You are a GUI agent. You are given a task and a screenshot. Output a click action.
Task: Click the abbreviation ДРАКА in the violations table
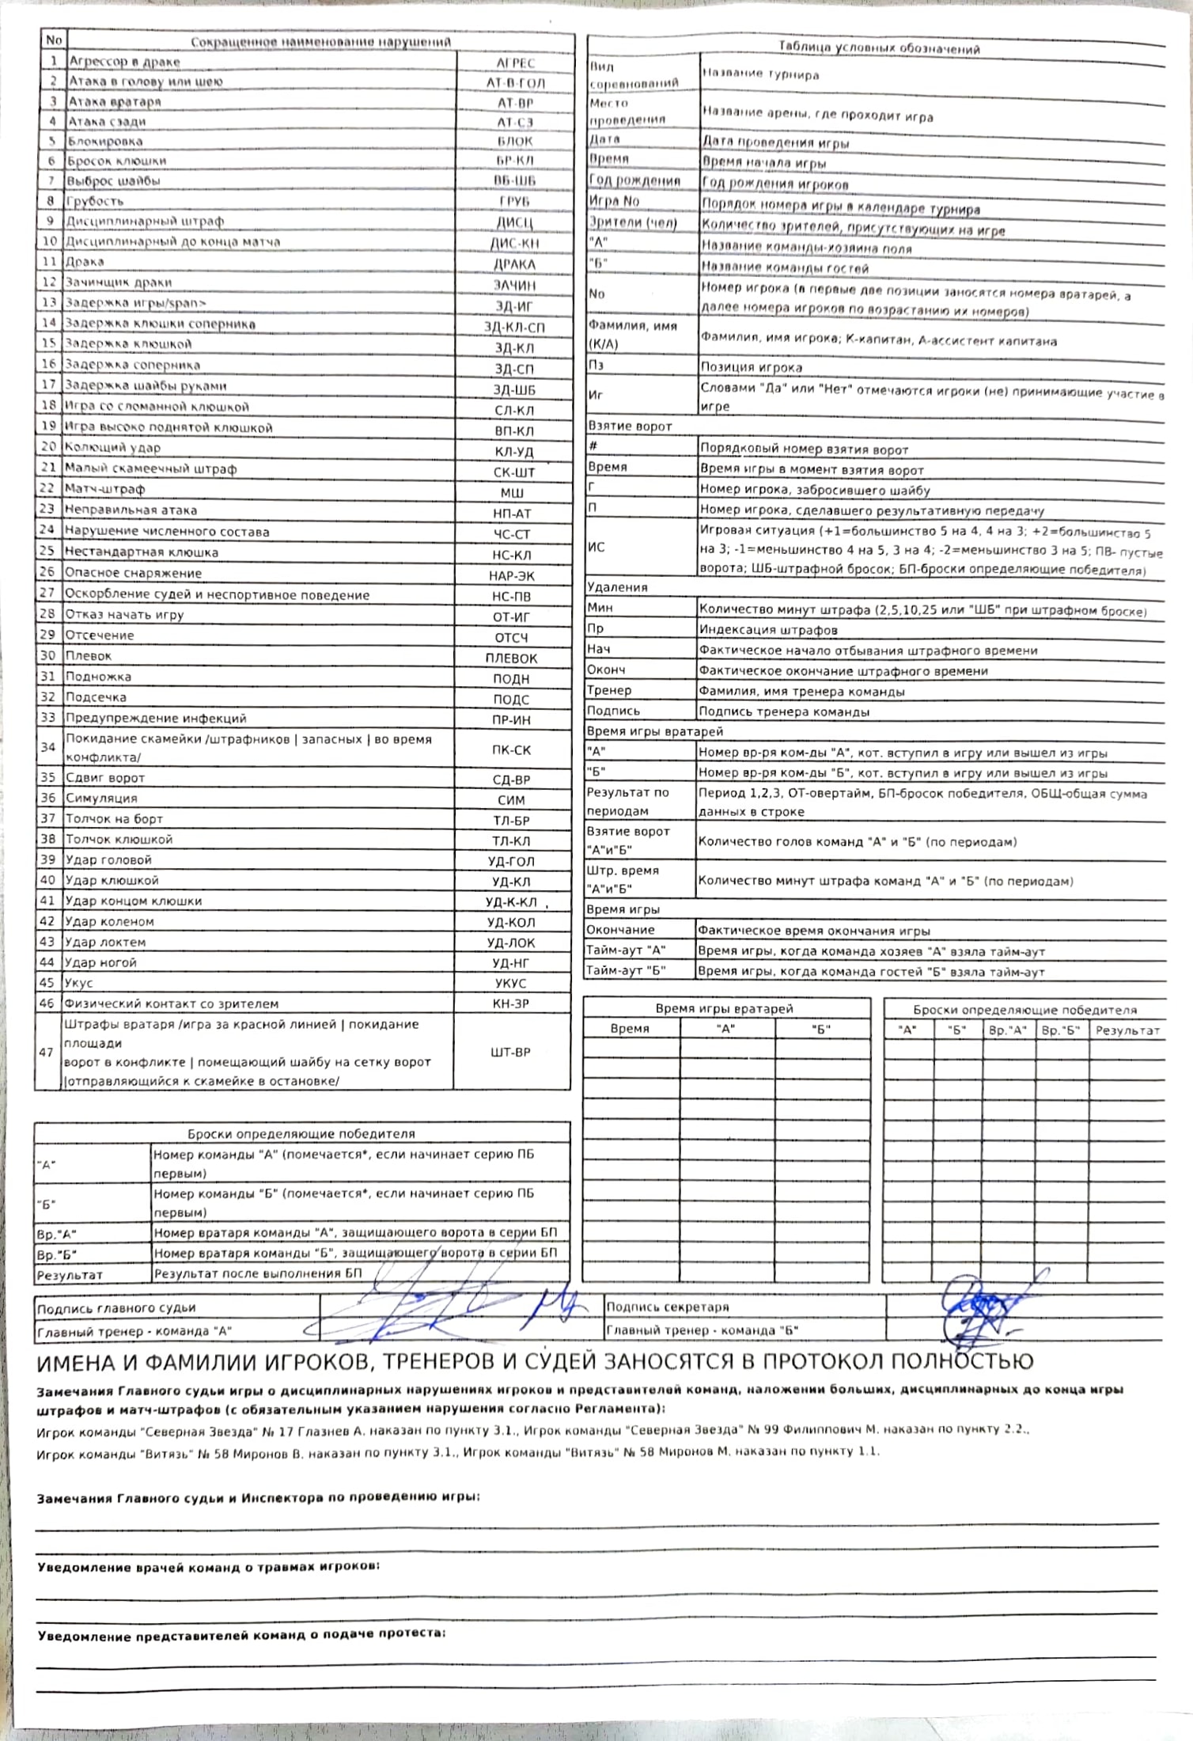click(x=514, y=264)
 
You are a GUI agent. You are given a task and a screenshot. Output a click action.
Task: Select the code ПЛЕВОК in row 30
click(x=511, y=658)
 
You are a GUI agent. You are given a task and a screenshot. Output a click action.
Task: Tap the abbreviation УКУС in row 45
click(x=511, y=984)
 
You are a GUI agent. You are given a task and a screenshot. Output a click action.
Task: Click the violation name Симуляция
click(x=101, y=798)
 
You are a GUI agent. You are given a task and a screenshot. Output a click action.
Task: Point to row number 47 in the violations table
click(x=47, y=1053)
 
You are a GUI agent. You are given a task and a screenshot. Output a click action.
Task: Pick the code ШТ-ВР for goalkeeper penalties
click(x=511, y=1053)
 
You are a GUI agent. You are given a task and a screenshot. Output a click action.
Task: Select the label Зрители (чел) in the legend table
click(x=633, y=223)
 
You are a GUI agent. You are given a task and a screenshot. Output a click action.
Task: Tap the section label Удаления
click(x=617, y=587)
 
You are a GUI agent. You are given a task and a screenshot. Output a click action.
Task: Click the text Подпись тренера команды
click(x=784, y=711)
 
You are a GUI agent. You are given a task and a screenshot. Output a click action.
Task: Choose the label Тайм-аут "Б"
click(x=626, y=971)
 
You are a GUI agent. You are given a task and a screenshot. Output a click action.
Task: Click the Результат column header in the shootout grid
click(x=1127, y=1030)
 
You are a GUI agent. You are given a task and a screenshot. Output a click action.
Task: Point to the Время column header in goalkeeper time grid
click(x=630, y=1029)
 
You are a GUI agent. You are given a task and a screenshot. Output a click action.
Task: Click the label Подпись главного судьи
click(x=116, y=1308)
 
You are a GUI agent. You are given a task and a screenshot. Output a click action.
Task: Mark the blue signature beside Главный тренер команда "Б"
click(x=981, y=1314)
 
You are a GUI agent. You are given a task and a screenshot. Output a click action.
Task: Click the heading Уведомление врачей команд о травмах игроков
click(x=208, y=1567)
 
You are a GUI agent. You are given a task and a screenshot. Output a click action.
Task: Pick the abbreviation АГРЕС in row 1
click(x=516, y=63)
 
